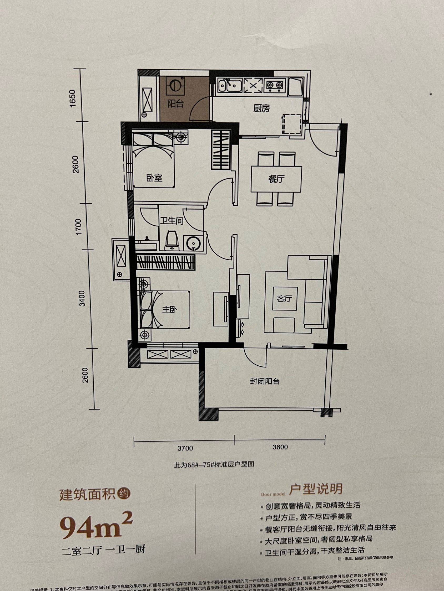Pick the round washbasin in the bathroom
193,243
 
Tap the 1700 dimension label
78,227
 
